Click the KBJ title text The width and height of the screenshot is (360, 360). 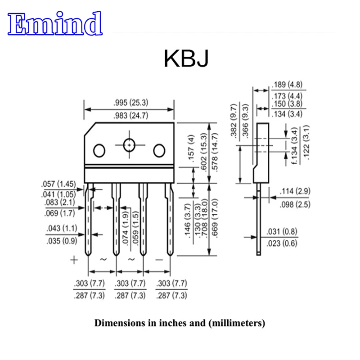[x=186, y=58]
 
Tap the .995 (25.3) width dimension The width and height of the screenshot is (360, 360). [x=131, y=103]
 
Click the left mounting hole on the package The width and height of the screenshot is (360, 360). [x=99, y=149]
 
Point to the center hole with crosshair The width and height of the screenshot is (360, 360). [x=130, y=145]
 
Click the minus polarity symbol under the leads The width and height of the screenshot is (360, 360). [x=158, y=260]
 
